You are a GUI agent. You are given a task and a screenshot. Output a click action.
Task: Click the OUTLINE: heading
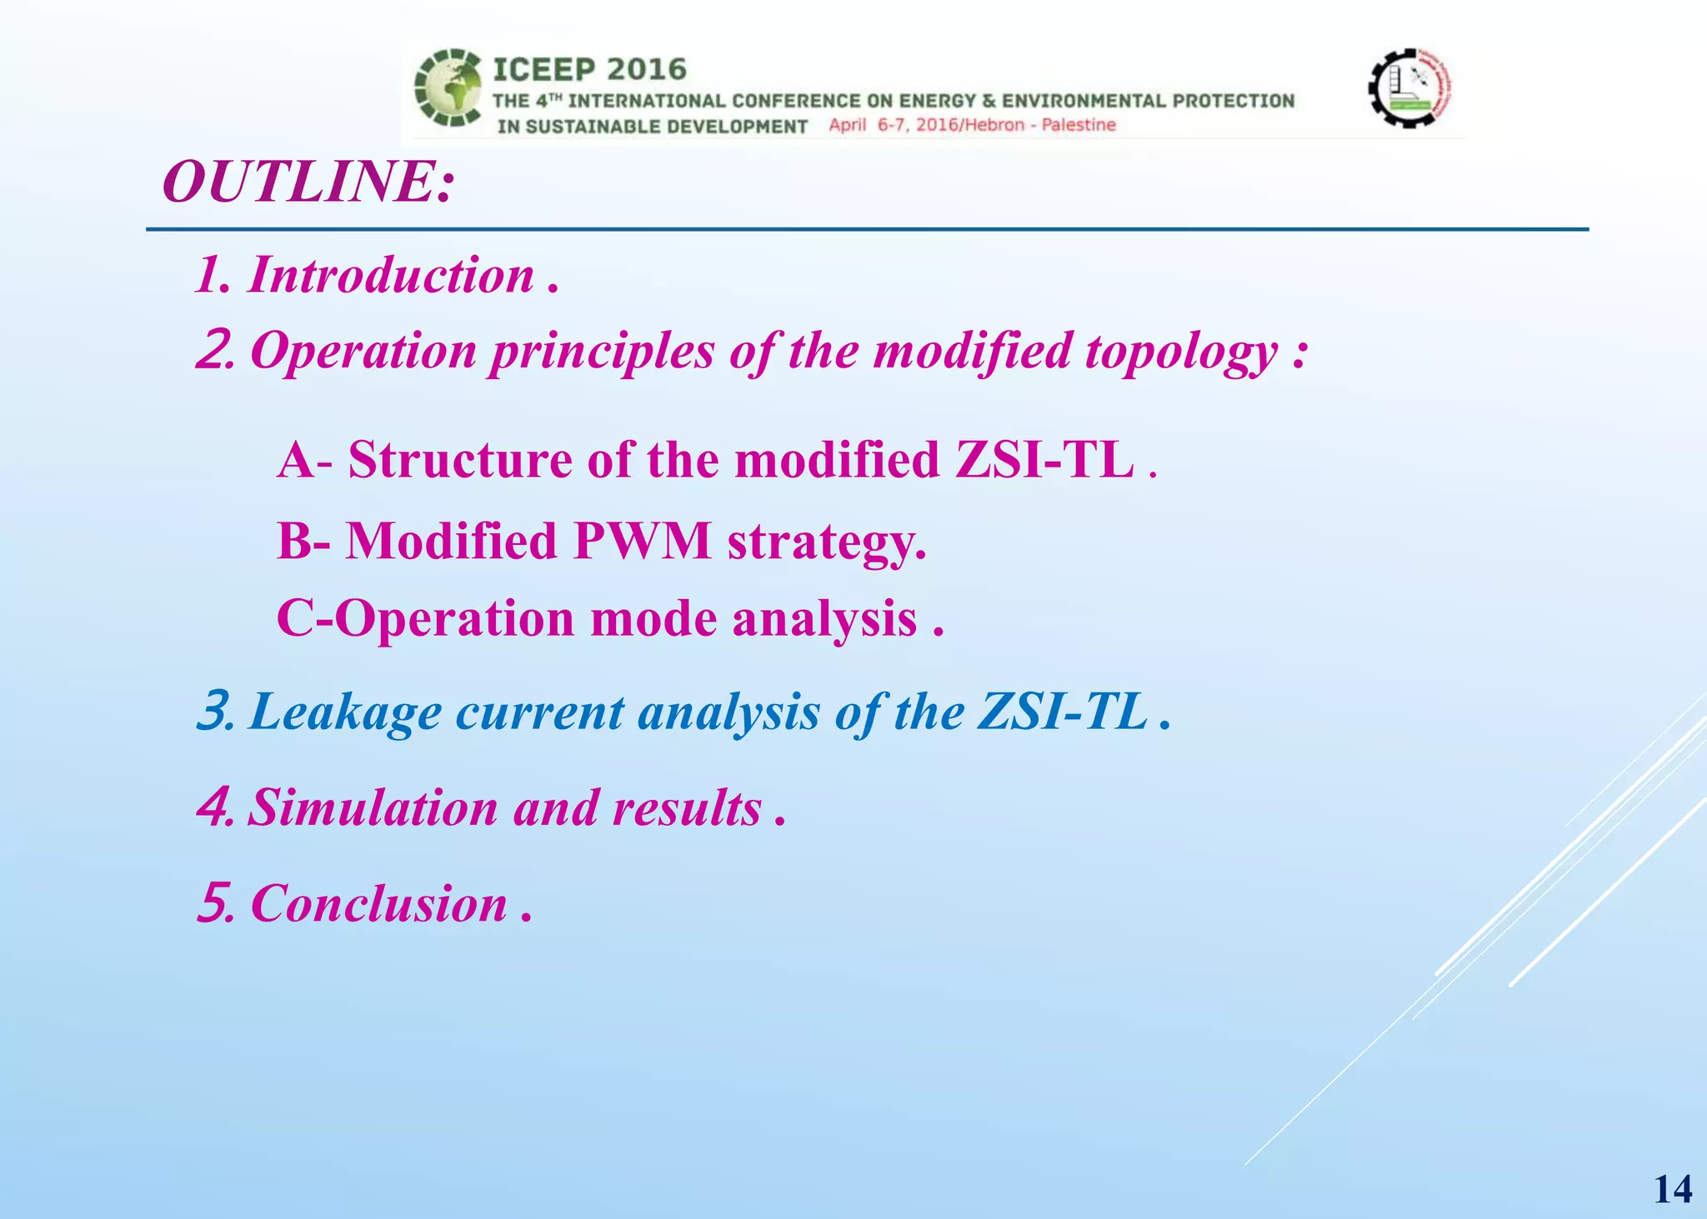(308, 182)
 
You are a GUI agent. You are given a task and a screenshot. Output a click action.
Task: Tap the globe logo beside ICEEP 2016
(448, 87)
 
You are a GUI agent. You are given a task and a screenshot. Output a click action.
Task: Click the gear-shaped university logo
(1409, 87)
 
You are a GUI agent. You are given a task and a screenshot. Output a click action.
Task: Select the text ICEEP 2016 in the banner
(589, 69)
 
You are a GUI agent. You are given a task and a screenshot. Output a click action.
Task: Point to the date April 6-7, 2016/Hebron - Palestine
(972, 125)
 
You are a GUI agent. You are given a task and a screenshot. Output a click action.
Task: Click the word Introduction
(391, 275)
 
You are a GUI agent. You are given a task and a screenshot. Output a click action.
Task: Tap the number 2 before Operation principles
(213, 351)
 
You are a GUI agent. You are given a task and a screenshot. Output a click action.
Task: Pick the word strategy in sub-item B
(826, 542)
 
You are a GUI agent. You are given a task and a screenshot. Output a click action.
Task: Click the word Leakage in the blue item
(345, 712)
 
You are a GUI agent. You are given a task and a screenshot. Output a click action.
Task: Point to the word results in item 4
(687, 808)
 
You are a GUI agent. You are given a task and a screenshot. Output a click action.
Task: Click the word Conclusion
(378, 904)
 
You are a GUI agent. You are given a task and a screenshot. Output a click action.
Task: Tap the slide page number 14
(1672, 1189)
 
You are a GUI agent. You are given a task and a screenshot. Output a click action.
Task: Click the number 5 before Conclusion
(213, 904)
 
